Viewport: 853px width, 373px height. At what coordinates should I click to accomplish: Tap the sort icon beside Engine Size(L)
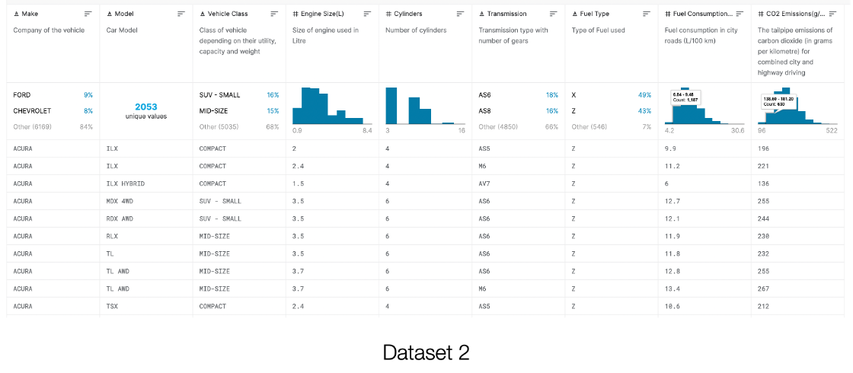click(x=367, y=14)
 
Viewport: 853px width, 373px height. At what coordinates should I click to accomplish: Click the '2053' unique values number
click(x=145, y=107)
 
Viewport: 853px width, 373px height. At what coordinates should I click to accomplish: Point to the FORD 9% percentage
click(x=88, y=95)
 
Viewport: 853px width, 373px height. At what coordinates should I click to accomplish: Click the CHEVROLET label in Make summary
click(x=32, y=110)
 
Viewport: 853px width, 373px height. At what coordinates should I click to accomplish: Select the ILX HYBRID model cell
click(x=125, y=183)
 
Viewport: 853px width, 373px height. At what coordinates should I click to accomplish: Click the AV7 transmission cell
click(x=484, y=183)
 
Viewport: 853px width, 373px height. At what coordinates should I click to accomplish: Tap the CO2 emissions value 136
click(x=764, y=183)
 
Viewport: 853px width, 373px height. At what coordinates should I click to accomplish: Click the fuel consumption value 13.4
click(x=672, y=289)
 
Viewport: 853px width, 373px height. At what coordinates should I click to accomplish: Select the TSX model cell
click(x=112, y=306)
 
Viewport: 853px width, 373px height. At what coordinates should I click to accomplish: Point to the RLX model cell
click(x=112, y=236)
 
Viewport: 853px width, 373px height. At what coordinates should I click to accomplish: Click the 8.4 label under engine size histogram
click(x=366, y=131)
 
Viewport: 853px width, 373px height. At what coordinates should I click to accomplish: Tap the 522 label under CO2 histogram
click(x=832, y=131)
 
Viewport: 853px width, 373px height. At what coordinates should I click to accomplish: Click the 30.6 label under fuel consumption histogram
click(x=737, y=131)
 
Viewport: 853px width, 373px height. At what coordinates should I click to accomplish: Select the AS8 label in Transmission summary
click(x=484, y=110)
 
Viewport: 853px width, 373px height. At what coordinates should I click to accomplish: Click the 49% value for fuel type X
click(x=644, y=95)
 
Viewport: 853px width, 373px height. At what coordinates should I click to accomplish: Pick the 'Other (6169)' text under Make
click(x=32, y=126)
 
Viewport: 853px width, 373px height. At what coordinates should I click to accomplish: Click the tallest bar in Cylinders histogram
click(x=391, y=105)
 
